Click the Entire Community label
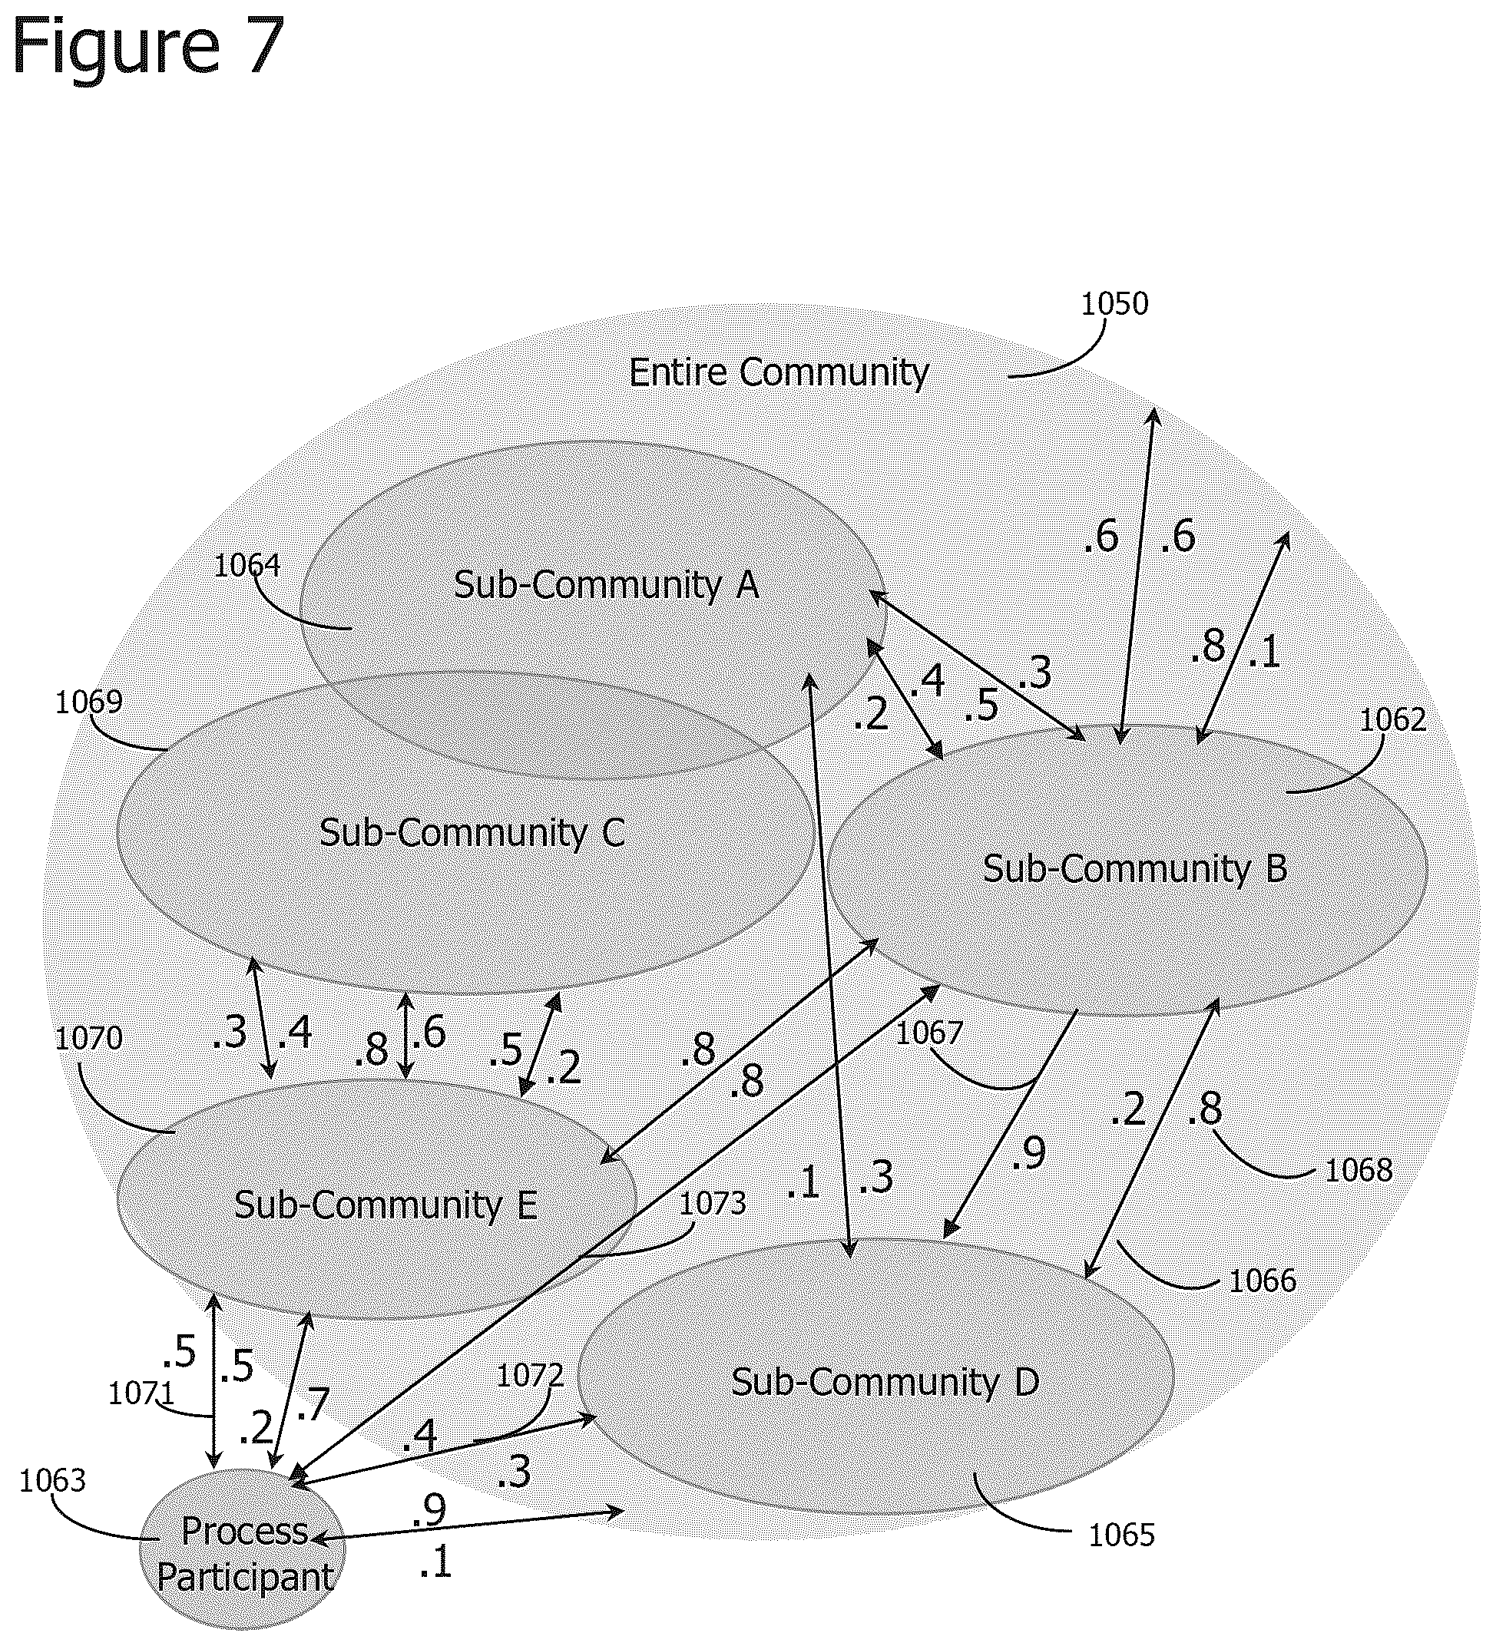778,374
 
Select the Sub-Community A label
606,584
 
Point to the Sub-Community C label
472,833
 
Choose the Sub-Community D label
885,1382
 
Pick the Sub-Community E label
386,1205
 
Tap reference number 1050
1114,304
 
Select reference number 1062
1392,719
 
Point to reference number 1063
52,1480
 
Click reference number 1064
247,565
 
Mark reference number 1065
1122,1535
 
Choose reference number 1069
88,702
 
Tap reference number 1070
88,1039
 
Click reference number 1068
1358,1171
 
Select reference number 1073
713,1204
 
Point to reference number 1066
1263,1281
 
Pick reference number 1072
530,1376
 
